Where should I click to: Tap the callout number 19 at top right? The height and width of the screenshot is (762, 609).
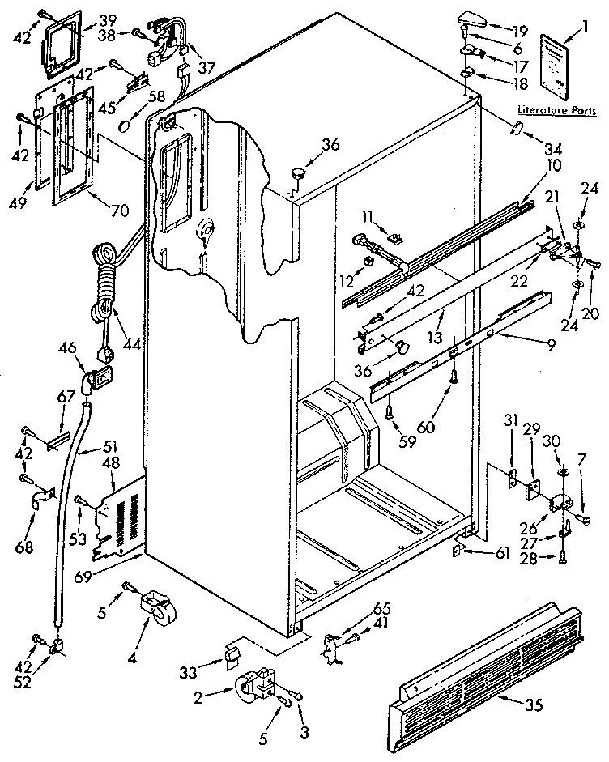tap(519, 32)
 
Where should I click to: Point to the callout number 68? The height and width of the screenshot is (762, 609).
tap(24, 548)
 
